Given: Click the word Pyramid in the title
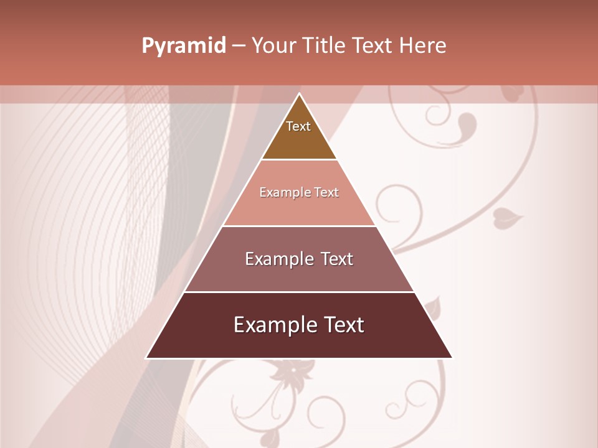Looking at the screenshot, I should [183, 46].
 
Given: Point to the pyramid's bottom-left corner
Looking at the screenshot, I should [146, 358].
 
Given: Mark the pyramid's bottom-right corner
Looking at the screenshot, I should [452, 358].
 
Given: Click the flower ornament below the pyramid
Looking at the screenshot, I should [290, 373].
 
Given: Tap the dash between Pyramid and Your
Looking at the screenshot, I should [238, 46].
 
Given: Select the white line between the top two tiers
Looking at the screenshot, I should [299, 159].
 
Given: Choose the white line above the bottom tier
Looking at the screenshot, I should [299, 292].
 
